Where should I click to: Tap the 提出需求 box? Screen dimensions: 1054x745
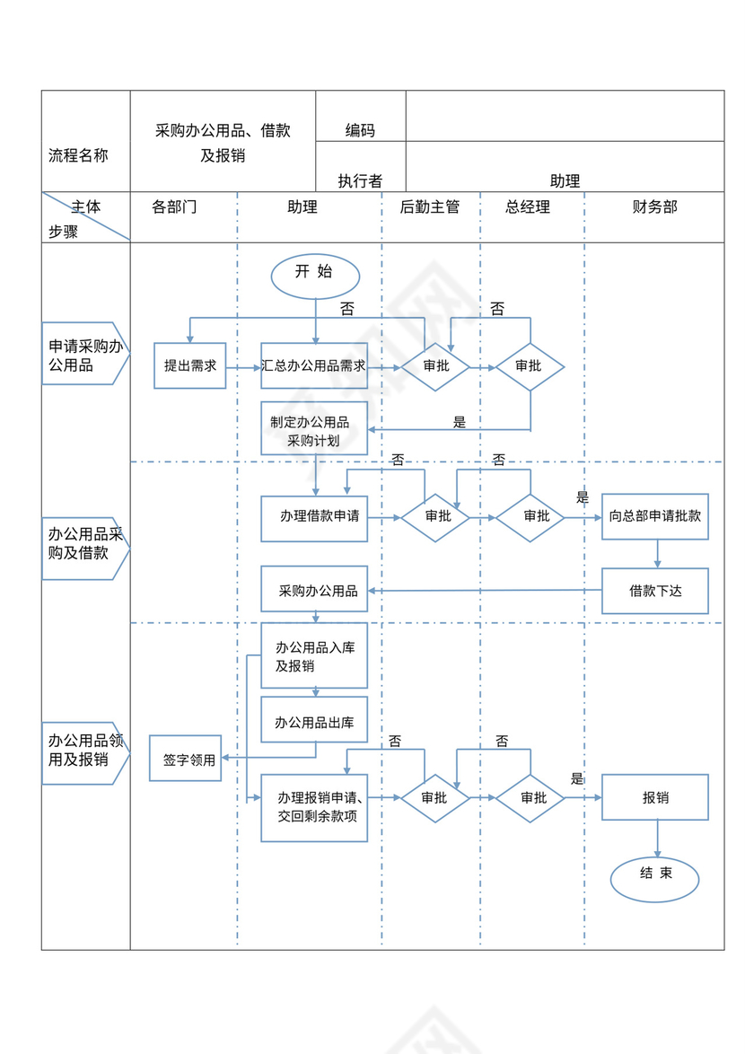(189, 366)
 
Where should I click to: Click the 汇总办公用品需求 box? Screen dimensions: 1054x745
(314, 366)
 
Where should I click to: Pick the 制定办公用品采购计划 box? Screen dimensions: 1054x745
(314, 430)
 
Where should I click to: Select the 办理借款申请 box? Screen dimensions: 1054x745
(314, 518)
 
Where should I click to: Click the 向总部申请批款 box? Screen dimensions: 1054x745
(654, 517)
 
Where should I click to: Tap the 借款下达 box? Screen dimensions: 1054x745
(654, 591)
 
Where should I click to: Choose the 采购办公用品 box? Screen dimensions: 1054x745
(314, 591)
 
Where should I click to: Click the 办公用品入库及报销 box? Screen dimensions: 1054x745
(314, 656)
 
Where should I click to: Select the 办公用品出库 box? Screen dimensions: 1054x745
(314, 720)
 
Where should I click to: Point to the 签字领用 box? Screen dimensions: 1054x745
(185, 759)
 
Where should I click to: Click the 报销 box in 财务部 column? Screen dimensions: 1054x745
(654, 797)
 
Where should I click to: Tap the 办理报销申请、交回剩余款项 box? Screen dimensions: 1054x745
(314, 807)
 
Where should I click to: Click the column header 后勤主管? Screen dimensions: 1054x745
(430, 207)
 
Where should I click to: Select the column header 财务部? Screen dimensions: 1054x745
(654, 207)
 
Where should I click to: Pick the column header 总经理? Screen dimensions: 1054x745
(528, 207)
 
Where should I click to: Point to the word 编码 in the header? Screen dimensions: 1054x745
(360, 131)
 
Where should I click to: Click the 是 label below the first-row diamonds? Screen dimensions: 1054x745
(460, 422)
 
